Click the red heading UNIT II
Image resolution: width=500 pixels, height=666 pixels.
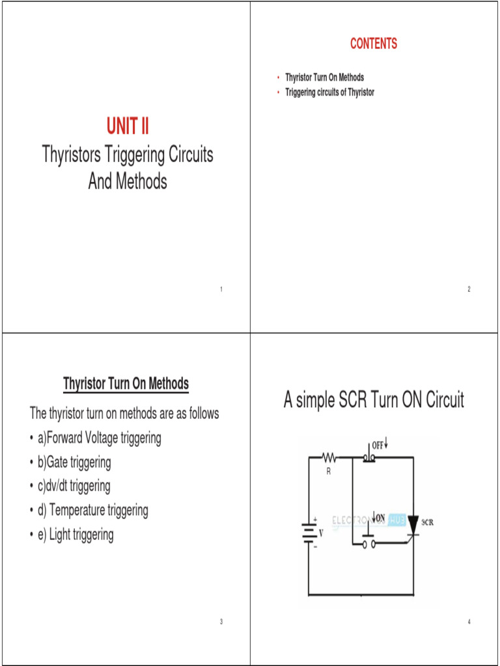[128, 125]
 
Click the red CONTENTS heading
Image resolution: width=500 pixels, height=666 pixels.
[373, 44]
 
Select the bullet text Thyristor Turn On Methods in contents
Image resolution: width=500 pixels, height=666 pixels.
[324, 77]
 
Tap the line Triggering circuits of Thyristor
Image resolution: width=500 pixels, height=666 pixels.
[329, 92]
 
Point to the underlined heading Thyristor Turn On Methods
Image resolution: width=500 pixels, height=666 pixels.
[126, 384]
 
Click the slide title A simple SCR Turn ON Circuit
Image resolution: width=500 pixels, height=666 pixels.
[374, 400]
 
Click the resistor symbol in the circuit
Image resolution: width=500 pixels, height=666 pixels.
[328, 459]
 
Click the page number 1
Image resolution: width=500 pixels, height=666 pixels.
[221, 289]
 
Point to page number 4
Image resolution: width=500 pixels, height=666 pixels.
[468, 622]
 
